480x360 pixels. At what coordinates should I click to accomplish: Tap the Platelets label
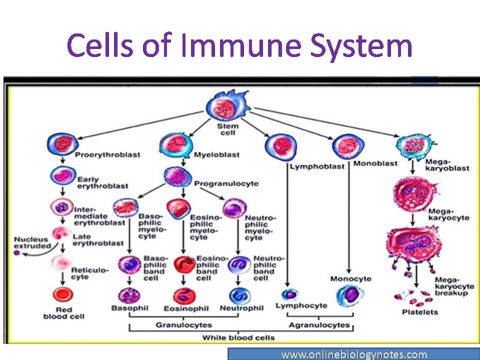420,312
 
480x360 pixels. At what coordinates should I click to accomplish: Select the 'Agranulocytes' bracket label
318,325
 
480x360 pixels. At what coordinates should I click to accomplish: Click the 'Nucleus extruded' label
32,242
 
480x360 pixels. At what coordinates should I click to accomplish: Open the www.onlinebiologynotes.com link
353,354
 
